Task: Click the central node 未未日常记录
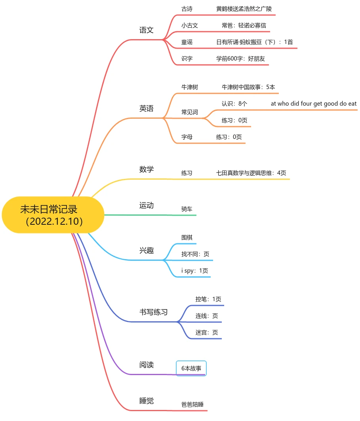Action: coord(53,215)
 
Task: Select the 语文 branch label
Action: coord(147,30)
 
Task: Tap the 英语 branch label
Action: coord(147,108)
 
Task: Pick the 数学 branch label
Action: coord(147,169)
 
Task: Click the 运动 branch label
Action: coord(147,205)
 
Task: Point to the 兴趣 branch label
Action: coord(147,250)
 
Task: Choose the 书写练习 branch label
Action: coord(153,312)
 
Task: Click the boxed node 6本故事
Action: coord(191,368)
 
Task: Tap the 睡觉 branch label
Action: coord(147,401)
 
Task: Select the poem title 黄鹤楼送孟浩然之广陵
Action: coord(244,9)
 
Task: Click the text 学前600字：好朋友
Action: coord(240,59)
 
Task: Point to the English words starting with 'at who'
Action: coord(314,104)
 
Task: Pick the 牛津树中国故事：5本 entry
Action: coord(248,87)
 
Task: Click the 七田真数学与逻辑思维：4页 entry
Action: coord(251,173)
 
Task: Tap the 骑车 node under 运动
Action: coord(187,209)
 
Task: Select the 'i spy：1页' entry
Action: coord(194,271)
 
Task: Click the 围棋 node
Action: coord(187,237)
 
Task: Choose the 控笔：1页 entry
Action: coord(208,299)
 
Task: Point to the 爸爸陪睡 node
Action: coord(192,404)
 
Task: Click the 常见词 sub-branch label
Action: coord(189,112)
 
